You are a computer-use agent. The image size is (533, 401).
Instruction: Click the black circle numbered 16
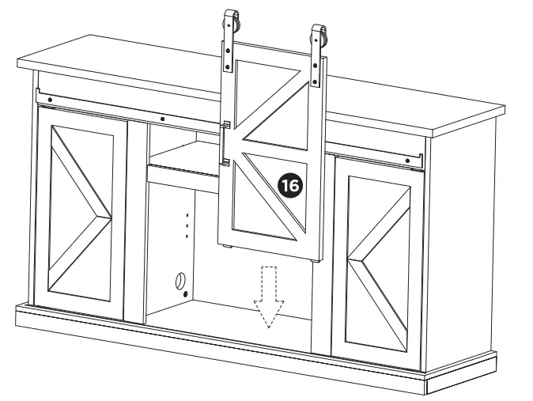click(x=290, y=186)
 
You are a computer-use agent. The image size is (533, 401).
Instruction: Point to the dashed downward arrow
click(x=268, y=297)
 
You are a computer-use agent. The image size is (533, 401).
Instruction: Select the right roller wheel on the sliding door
click(x=320, y=36)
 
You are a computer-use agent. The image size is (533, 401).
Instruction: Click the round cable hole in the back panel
click(x=180, y=281)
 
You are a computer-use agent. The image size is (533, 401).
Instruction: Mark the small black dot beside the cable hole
click(x=187, y=294)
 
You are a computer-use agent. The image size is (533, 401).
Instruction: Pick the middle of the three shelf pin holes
click(x=187, y=225)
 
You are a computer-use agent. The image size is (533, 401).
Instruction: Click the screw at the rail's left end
click(x=51, y=99)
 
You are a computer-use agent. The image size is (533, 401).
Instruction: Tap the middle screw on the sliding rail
click(x=161, y=120)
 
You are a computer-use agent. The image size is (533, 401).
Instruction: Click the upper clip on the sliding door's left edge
click(x=225, y=126)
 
